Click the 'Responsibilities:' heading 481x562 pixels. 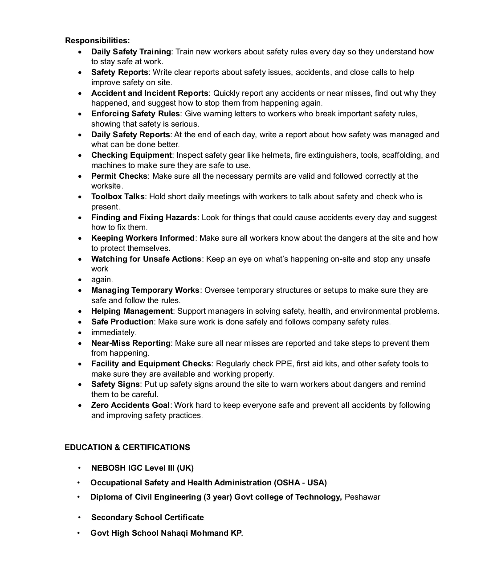[98, 41]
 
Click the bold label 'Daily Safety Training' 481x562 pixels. [131, 52]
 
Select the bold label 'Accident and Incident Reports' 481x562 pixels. [150, 93]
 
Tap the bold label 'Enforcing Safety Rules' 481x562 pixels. [135, 114]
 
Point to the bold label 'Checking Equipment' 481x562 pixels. [131, 155]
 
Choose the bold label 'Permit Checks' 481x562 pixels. [119, 176]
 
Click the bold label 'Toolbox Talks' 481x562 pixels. [118, 197]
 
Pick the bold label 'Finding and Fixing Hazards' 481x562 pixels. [144, 217]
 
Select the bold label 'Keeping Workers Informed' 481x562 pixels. [143, 238]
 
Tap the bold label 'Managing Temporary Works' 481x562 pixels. [145, 290]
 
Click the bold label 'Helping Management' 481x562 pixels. [132, 311]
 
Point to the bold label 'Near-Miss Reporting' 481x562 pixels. [131, 343]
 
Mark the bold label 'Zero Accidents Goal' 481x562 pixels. [130, 405]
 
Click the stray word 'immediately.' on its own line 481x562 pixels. [114, 332]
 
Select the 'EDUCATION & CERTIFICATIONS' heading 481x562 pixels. [127, 447]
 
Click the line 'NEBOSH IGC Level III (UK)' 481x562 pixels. [143, 468]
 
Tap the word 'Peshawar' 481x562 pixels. [363, 497]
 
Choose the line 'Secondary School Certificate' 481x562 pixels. [147, 517]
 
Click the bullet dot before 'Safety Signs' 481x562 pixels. [80, 385]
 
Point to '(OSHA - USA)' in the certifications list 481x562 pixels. [301, 483]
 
